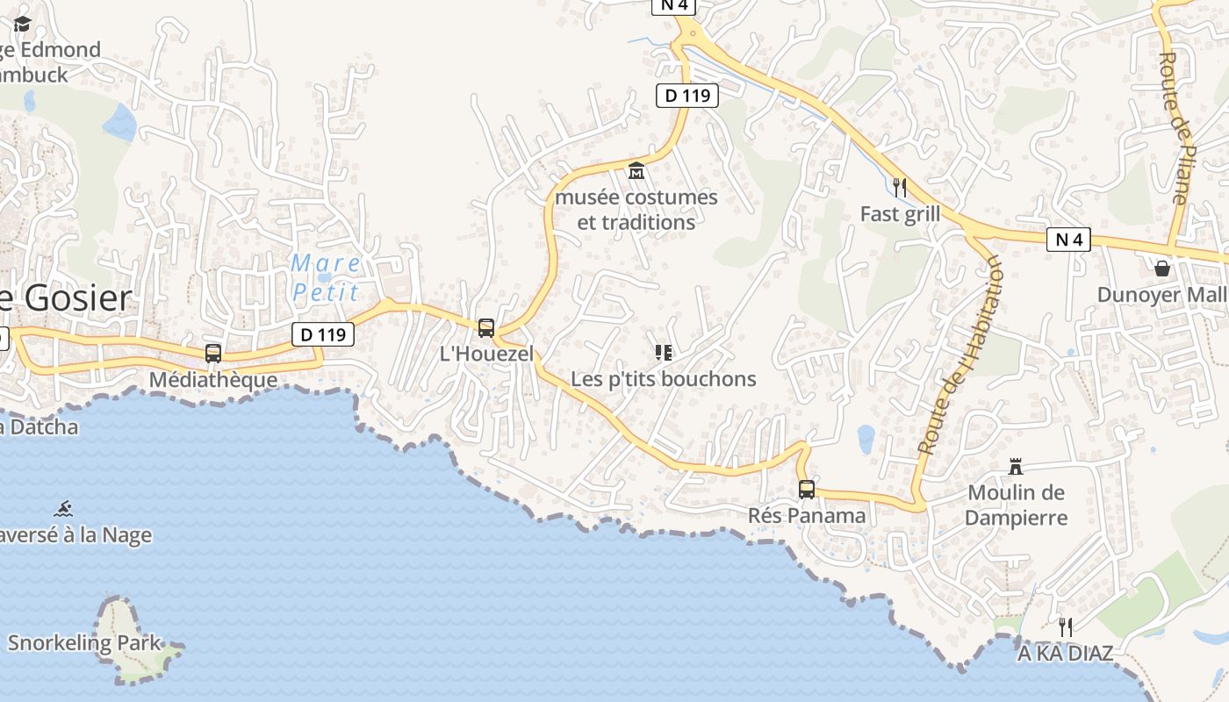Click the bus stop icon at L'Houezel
point(485,328)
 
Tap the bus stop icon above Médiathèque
point(212,353)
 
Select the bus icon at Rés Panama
point(806,489)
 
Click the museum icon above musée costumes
point(636,169)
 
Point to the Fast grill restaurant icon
point(899,187)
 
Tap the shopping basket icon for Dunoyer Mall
point(1162,268)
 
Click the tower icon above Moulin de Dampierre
point(1016,465)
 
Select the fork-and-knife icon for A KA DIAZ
point(1066,627)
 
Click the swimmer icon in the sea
point(63,508)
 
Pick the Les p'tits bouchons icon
point(664,353)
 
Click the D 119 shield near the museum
point(687,96)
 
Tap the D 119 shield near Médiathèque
point(323,334)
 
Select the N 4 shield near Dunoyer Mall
point(1068,239)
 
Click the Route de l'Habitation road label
point(960,355)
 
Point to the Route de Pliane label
point(1174,128)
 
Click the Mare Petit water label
point(326,277)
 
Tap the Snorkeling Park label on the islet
point(85,643)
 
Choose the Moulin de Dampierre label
point(1017,505)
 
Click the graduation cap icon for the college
point(22,24)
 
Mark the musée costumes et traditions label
point(636,210)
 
